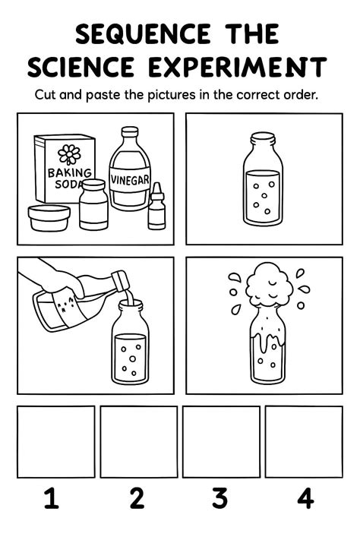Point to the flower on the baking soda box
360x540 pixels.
click(69, 154)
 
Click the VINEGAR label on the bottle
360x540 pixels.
click(130, 180)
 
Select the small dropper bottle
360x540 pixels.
click(156, 207)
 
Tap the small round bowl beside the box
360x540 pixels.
click(49, 218)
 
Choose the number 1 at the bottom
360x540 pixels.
click(51, 499)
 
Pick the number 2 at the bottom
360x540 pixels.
click(137, 499)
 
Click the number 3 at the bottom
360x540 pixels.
click(219, 499)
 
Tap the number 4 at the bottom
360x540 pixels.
click(305, 499)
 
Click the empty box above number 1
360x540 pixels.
click(55, 441)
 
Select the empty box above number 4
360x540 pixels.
click(303, 441)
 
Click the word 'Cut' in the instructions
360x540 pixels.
click(46, 96)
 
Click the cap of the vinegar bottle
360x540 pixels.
click(130, 132)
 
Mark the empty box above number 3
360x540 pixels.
click(221, 441)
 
